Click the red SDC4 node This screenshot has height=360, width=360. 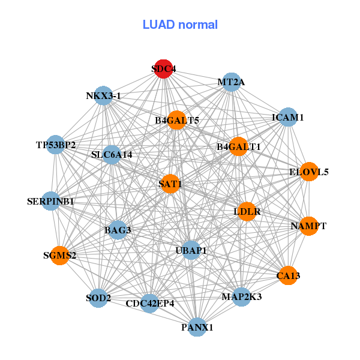163,68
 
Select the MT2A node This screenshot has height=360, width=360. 231,82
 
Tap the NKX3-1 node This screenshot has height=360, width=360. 103,96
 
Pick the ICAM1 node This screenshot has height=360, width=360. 288,118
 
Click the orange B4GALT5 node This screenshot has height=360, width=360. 177,121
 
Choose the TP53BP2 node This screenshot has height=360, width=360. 55,145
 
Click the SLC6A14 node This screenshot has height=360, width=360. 112,155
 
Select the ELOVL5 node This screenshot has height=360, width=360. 309,172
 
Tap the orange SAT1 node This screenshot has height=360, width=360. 170,183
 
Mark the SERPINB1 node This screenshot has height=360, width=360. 50,202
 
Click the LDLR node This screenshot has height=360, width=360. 247,212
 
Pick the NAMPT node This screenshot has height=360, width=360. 308,226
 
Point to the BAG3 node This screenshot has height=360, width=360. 118,230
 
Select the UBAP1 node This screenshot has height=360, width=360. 191,250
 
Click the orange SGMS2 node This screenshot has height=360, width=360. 59,256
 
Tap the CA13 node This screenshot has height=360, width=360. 288,275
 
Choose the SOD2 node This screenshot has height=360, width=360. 98,298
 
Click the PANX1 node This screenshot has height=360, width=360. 197,328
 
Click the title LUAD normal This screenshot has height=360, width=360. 180,25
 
